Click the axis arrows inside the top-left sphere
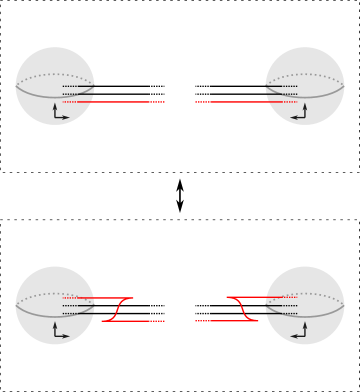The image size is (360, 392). tap(58, 113)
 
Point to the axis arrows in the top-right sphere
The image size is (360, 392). tap(301, 113)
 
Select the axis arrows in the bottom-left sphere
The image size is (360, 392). tap(58, 332)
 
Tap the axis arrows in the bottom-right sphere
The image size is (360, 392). tap(301, 332)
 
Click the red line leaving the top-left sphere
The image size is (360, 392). tap(120, 102)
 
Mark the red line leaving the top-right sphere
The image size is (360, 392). tap(240, 102)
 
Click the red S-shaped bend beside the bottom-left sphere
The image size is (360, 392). tap(117, 309)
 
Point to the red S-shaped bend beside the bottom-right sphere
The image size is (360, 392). tap(243, 309)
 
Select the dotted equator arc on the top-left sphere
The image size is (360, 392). tap(55, 74)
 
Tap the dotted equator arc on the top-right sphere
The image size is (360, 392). tap(305, 74)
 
